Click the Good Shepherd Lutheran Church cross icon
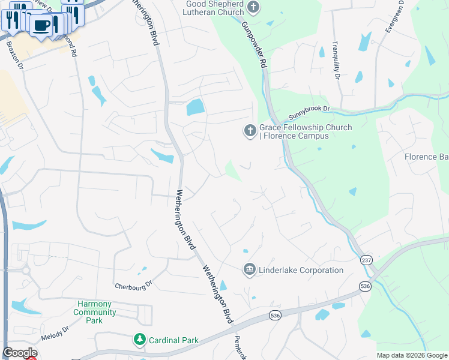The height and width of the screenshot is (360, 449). pos(254,8)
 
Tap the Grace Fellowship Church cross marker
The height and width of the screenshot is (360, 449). pos(250,130)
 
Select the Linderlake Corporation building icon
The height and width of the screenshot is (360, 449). pos(250,270)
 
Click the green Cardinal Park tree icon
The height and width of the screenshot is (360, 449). pos(140,340)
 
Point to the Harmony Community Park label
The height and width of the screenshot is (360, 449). pos(95,312)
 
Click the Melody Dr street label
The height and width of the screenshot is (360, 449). pos(56,333)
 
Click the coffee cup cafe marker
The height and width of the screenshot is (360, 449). pos(42,25)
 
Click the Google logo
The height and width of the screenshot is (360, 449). pos(20,353)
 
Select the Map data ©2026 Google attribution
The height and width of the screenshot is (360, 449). pos(412,355)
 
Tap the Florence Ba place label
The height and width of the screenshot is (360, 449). pos(428,157)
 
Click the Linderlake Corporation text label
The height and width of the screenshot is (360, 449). pos(301,271)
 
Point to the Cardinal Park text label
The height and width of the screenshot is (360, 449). pos(174,340)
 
